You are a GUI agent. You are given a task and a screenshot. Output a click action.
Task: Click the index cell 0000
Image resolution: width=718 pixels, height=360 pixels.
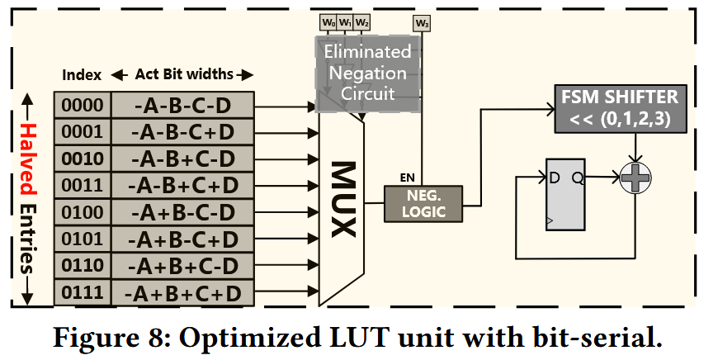click(x=83, y=106)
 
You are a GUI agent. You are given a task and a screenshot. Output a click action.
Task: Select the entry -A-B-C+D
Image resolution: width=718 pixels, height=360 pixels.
click(x=182, y=132)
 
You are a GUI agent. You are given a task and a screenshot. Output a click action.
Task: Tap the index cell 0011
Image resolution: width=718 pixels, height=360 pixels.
click(x=83, y=185)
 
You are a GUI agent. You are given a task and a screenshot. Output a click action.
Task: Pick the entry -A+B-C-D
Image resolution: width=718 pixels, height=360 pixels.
click(x=182, y=212)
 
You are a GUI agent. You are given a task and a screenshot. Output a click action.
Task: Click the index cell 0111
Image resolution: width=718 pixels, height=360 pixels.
click(x=83, y=292)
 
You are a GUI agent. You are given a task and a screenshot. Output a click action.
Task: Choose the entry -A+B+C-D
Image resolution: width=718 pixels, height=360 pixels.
click(x=182, y=266)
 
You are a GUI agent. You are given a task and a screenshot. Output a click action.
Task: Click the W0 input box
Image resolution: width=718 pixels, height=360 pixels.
click(x=328, y=22)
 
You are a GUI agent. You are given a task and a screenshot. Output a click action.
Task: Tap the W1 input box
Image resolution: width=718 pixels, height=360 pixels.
click(x=345, y=22)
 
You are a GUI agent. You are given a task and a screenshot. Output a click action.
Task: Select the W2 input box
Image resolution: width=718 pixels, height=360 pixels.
click(x=361, y=22)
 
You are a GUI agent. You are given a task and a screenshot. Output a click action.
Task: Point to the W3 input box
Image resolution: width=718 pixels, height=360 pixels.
click(x=422, y=23)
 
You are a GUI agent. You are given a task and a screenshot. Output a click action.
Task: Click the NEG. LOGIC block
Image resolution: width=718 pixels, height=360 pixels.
click(x=423, y=204)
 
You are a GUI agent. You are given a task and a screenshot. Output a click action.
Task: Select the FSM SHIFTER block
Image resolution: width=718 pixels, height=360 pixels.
click(x=621, y=108)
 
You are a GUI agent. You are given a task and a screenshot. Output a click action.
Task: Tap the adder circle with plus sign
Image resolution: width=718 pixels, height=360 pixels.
click(x=635, y=178)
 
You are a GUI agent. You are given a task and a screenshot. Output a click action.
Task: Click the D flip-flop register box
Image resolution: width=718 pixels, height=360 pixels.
click(x=565, y=194)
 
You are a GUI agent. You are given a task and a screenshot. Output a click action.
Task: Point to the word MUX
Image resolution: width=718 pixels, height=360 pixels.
click(x=343, y=199)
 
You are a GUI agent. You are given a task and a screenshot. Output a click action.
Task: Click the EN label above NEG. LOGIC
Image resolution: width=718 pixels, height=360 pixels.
click(x=407, y=178)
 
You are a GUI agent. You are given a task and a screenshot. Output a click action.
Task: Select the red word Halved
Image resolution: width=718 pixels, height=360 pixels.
click(x=28, y=159)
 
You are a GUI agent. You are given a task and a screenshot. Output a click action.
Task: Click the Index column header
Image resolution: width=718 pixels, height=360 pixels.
click(x=82, y=74)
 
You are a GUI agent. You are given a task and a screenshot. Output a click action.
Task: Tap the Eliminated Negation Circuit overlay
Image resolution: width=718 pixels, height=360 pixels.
click(x=368, y=73)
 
